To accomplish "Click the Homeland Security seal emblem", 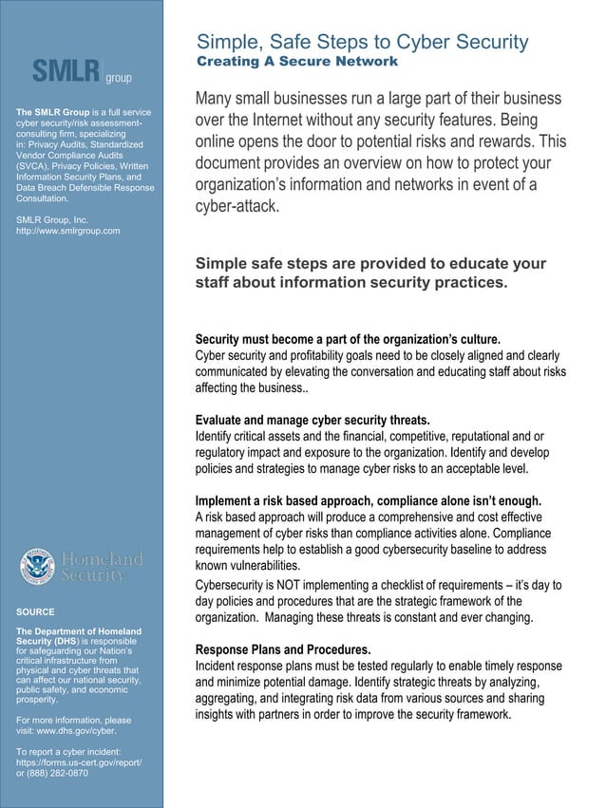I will click(38, 567).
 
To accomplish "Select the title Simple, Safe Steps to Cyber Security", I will click(361, 42).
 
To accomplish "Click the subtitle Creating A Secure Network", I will click(296, 62).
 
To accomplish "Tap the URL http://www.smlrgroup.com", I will click(68, 231).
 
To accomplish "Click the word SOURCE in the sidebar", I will click(35, 611).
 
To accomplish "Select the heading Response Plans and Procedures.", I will click(282, 649).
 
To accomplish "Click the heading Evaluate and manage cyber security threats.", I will click(312, 420).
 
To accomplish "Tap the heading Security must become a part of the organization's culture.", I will click(347, 339).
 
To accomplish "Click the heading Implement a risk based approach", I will click(368, 500).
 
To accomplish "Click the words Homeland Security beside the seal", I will click(103, 567).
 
